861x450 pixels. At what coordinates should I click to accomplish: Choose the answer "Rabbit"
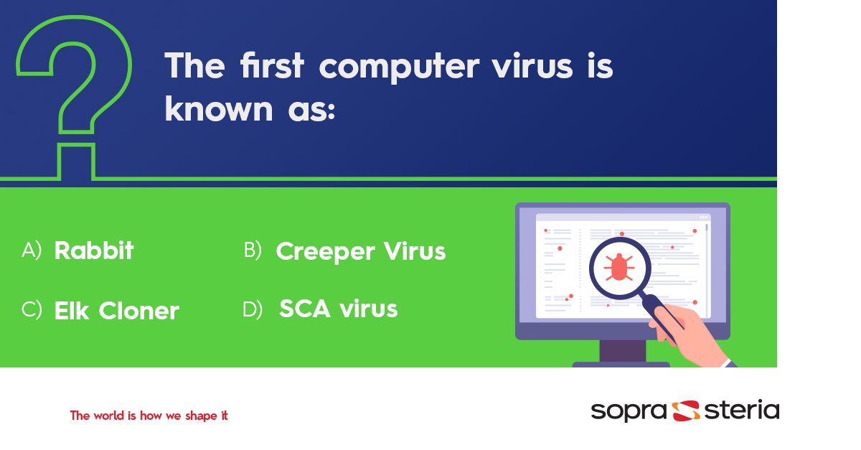click(94, 250)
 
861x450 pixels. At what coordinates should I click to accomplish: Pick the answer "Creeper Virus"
click(360, 251)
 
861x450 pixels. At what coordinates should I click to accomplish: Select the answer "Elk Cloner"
click(116, 311)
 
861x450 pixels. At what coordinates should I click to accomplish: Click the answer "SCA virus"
click(338, 309)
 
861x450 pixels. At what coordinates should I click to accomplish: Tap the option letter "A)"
click(32, 250)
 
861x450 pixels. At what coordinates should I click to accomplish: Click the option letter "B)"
click(253, 250)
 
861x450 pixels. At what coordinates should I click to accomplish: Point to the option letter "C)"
click(32, 310)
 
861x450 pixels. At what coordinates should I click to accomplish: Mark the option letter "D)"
click(253, 309)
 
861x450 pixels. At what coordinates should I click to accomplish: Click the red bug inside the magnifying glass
click(618, 267)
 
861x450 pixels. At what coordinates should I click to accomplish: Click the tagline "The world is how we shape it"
click(149, 416)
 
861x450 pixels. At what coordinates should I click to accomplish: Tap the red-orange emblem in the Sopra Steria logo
click(687, 411)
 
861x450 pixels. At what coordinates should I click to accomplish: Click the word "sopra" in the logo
click(630, 411)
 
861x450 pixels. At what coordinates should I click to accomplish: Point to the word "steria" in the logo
click(741, 411)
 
